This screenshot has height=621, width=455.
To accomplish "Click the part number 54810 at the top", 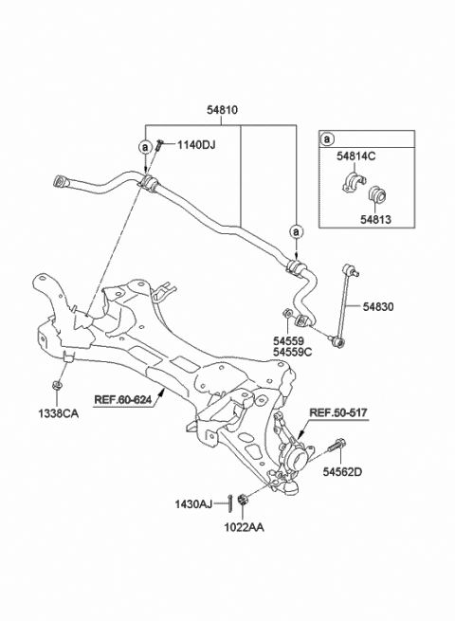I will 223,111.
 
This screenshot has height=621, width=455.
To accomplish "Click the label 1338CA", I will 59,413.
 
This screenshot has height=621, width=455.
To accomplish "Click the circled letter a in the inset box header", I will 327,139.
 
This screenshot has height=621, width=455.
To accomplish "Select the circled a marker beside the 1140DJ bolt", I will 144,146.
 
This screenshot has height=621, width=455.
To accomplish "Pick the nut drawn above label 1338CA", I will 59,387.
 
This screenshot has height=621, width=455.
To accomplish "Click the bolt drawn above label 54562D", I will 337,444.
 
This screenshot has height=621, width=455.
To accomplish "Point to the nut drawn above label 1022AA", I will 244,500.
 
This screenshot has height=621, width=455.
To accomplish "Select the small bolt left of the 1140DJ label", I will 163,144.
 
